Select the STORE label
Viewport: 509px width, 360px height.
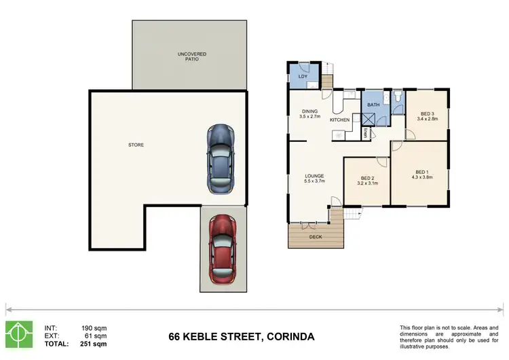tap(136, 145)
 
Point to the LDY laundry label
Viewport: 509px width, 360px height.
tap(303, 77)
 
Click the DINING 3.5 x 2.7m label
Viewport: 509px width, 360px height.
tap(309, 115)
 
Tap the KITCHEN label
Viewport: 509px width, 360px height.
tap(339, 120)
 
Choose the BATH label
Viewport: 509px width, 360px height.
tap(373, 105)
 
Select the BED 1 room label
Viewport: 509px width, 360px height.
tap(421, 175)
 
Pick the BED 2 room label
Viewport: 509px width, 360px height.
tap(367, 181)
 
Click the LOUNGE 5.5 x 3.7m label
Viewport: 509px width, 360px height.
tap(314, 178)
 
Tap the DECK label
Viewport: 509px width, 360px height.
tap(316, 237)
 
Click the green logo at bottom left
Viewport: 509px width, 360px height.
tap(18, 332)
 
